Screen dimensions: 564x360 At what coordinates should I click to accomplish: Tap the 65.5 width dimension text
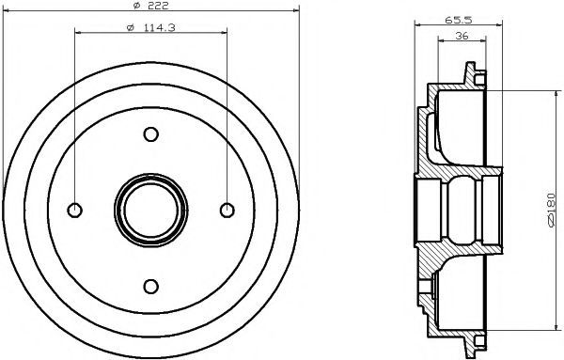[x=459, y=20]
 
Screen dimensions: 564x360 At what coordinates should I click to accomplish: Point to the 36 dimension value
[x=462, y=36]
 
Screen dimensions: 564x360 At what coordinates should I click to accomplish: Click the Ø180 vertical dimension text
[x=551, y=210]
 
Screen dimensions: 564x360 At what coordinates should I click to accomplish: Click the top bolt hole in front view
[x=151, y=134]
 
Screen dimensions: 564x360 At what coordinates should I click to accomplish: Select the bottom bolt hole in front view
[x=151, y=287]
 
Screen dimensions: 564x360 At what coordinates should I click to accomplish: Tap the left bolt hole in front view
[x=75, y=211]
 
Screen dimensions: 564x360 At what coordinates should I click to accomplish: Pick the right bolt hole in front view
[x=227, y=211]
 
